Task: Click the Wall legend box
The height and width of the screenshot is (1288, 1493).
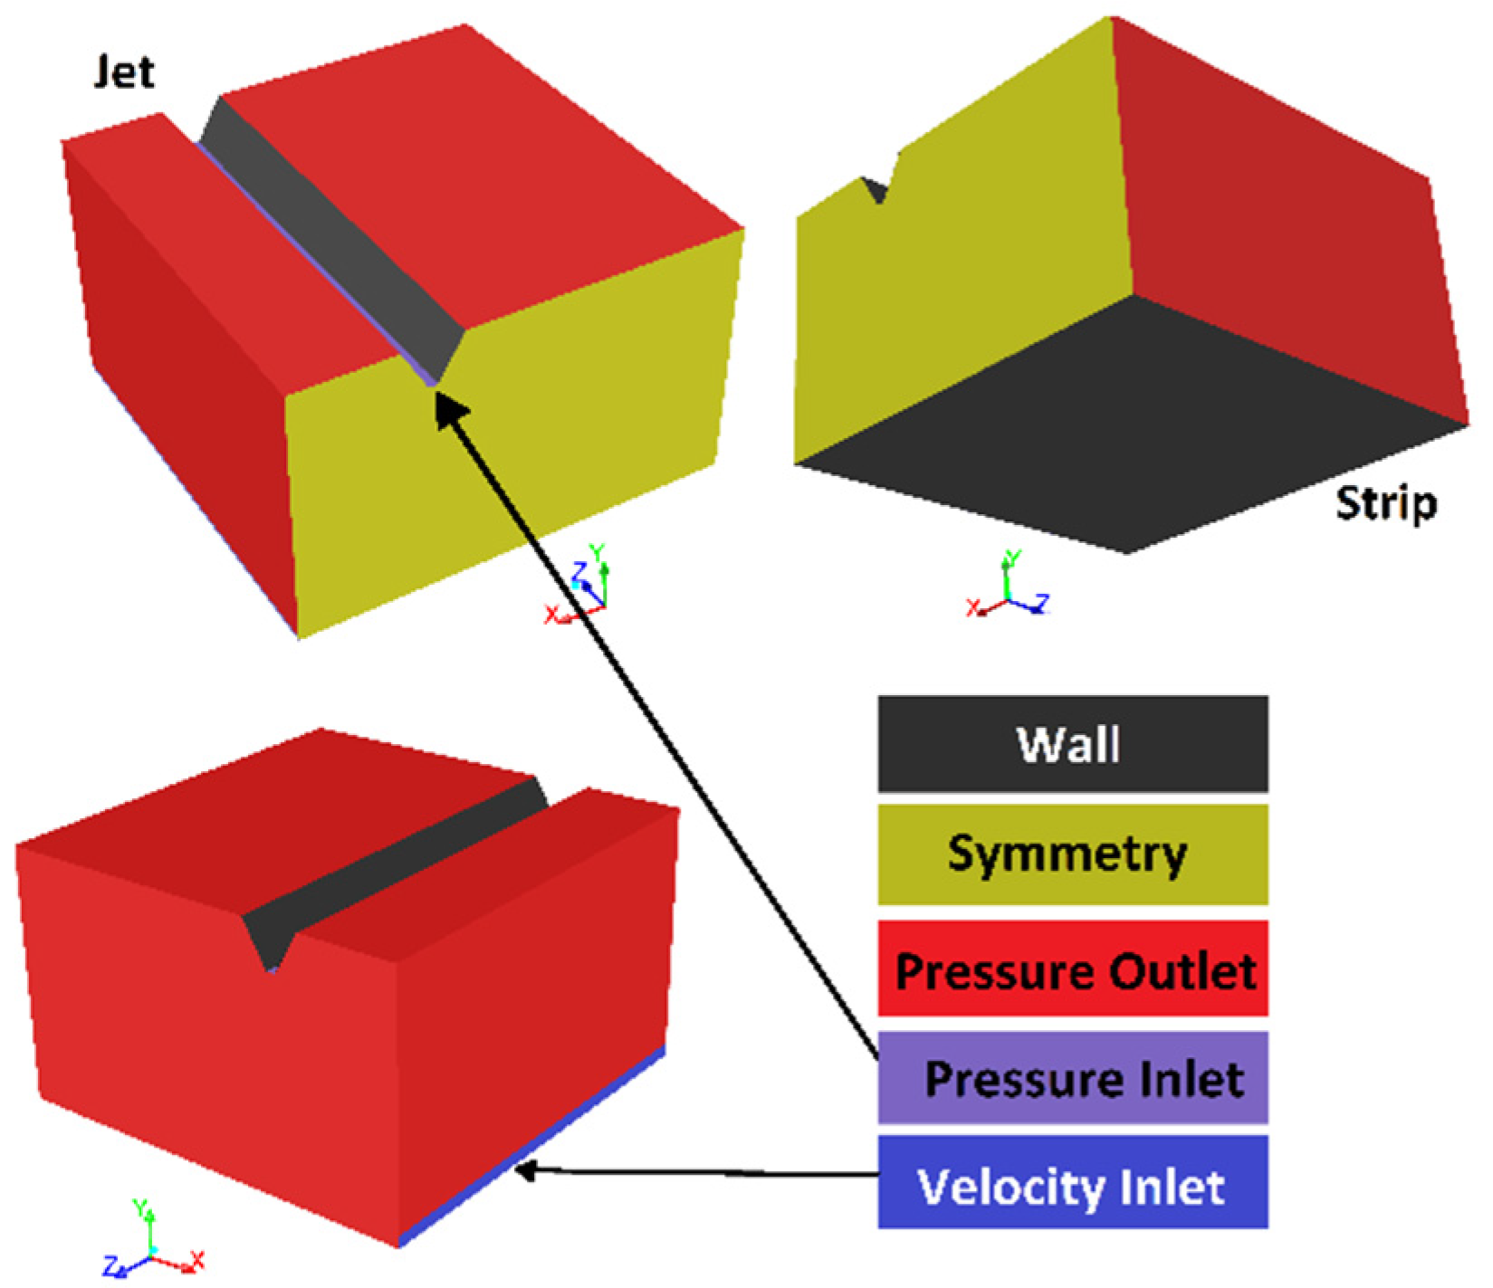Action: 1072,744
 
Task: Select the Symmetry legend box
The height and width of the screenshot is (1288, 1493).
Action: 1072,854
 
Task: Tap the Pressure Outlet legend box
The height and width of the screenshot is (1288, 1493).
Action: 1072,969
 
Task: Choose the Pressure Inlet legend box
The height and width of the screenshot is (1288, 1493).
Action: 1072,1078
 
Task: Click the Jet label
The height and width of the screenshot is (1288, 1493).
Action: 124,72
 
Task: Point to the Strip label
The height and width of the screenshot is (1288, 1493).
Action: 1385,503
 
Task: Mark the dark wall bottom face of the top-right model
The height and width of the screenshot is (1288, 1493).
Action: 1132,434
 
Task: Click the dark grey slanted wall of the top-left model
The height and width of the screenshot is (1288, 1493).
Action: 335,235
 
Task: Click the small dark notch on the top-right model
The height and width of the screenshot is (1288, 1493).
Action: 876,191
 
